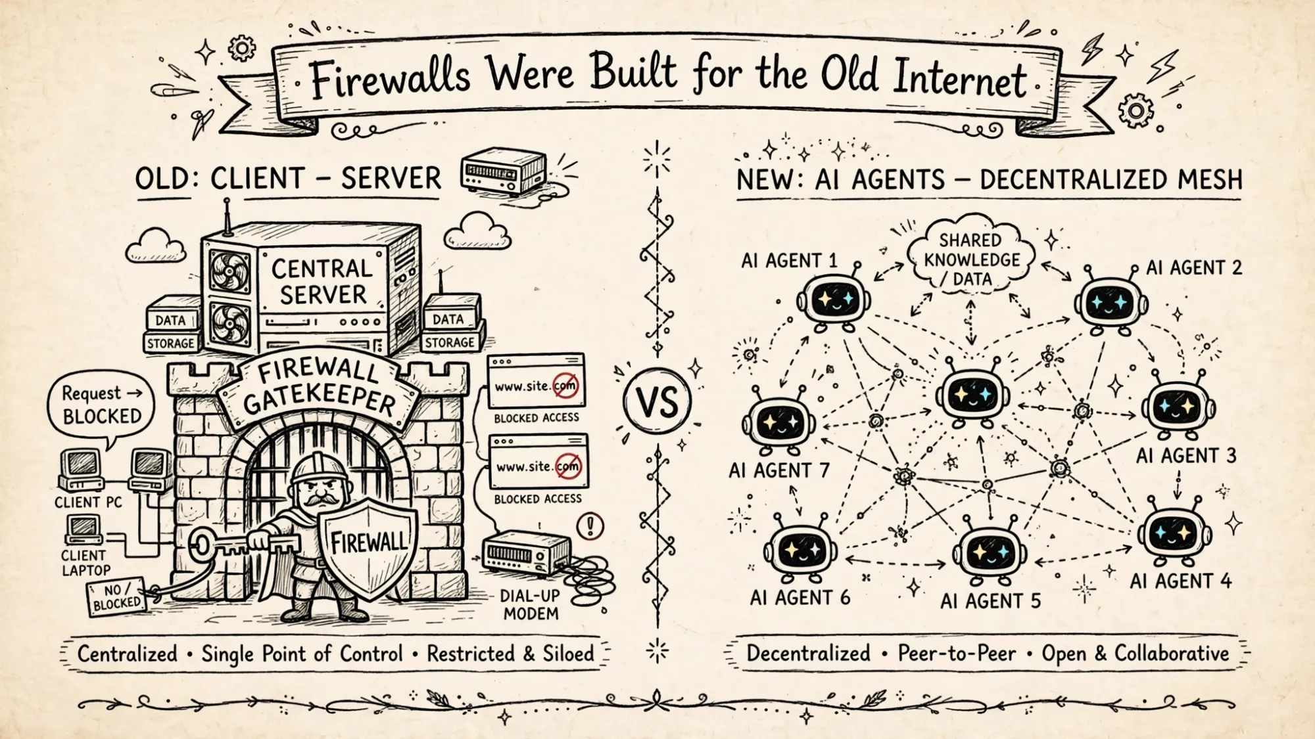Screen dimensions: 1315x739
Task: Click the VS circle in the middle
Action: pyautogui.click(x=657, y=401)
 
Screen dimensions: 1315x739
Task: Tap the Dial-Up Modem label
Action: pyautogui.click(x=529, y=604)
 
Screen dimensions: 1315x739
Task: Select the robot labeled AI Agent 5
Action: pyautogui.click(x=990, y=552)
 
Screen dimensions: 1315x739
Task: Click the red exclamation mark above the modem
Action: pyautogui.click(x=590, y=526)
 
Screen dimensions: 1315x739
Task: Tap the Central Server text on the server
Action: pyautogui.click(x=322, y=281)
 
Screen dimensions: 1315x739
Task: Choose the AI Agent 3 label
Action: pyautogui.click(x=1186, y=455)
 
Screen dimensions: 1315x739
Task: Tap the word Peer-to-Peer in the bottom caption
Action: pyautogui.click(x=957, y=653)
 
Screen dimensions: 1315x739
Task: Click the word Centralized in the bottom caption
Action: pyautogui.click(x=128, y=654)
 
